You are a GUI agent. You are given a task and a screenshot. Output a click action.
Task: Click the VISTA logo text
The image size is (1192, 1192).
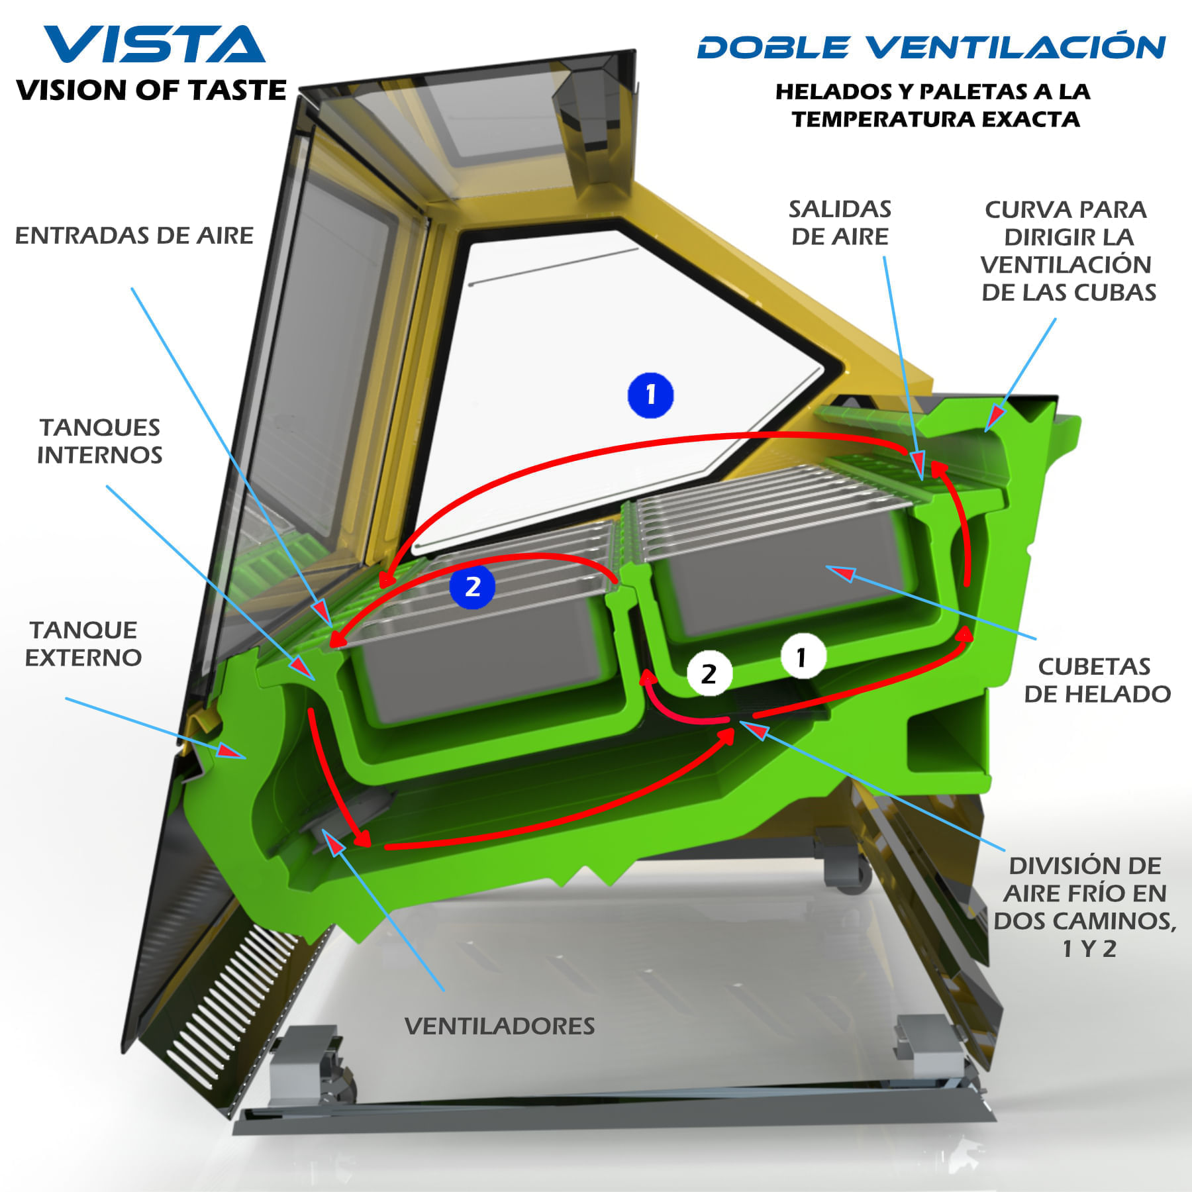pos(154,45)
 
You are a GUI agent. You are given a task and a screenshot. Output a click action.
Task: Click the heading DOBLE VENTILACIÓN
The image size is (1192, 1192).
pos(931,47)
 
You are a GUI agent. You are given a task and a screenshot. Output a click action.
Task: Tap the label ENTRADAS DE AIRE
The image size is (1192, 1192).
pos(134,236)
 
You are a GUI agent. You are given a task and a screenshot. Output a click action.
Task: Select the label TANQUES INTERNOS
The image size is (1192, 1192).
pos(100,441)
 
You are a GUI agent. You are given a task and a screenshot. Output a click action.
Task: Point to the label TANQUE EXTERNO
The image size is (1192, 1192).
pos(83,644)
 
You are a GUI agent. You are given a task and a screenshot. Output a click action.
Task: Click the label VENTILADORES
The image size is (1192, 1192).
pos(499,1026)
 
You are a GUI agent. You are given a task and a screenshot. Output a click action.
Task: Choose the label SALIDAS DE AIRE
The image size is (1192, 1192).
pos(840,223)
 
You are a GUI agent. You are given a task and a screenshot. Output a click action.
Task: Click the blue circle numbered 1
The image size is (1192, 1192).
pos(650,395)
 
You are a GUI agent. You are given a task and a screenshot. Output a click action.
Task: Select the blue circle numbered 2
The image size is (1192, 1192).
pos(472,587)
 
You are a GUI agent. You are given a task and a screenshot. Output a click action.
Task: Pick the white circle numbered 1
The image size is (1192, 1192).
pos(803,658)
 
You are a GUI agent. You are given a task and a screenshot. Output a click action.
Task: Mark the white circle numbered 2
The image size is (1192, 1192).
pos(709,674)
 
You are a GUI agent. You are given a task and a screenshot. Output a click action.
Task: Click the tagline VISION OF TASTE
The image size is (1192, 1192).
pos(152,91)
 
